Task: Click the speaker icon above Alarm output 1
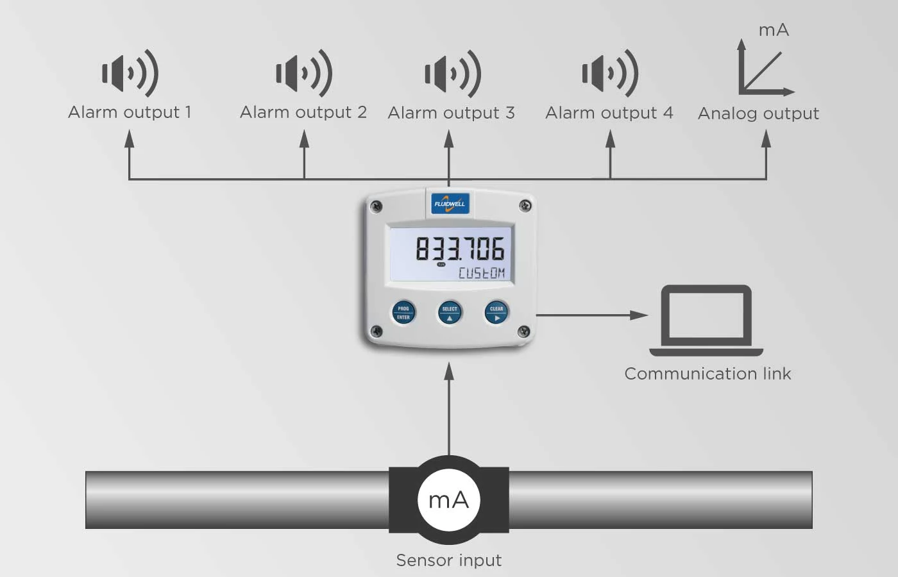pyautogui.click(x=130, y=73)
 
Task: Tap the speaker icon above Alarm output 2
pyautogui.click(x=304, y=73)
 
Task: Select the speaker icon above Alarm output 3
pyautogui.click(x=453, y=74)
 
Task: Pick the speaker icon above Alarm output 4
pyautogui.click(x=610, y=73)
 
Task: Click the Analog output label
pyautogui.click(x=758, y=114)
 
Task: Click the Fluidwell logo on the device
pyautogui.click(x=450, y=204)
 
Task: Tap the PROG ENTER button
pyautogui.click(x=403, y=313)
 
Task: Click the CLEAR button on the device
pyautogui.click(x=496, y=313)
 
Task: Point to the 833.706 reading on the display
pyautogui.click(x=460, y=249)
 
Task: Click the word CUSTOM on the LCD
pyautogui.click(x=482, y=273)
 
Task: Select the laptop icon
pyautogui.click(x=706, y=320)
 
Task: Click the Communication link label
pyautogui.click(x=707, y=374)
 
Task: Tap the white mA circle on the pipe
pyautogui.click(x=448, y=500)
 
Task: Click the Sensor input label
pyautogui.click(x=448, y=560)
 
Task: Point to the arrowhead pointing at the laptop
pyautogui.click(x=639, y=315)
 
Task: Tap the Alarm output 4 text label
pyautogui.click(x=609, y=113)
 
